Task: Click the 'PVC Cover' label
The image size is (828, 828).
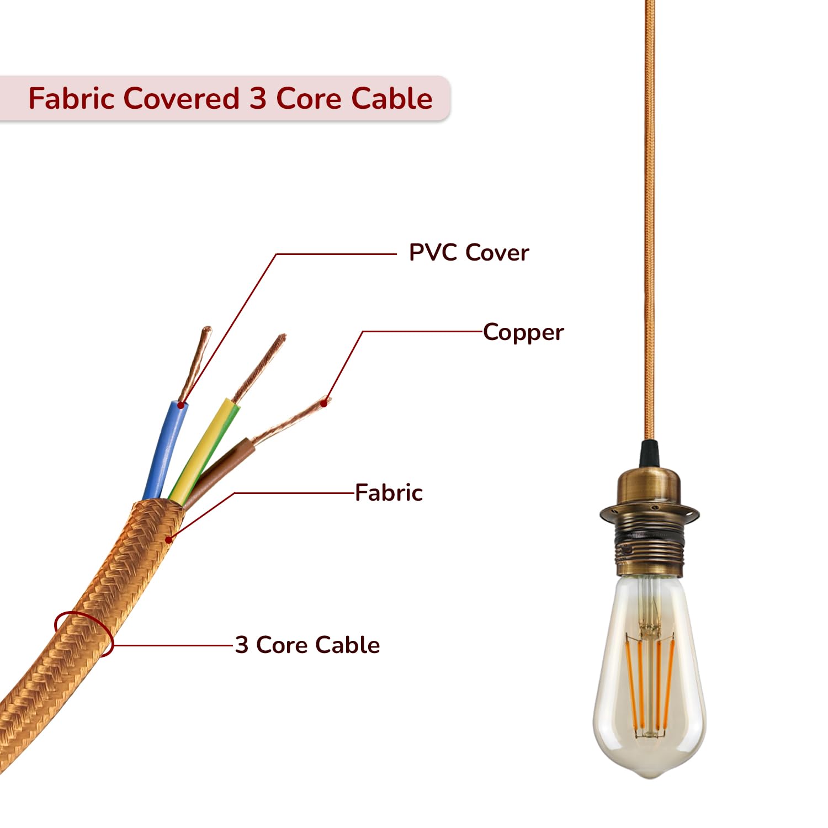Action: coord(469,253)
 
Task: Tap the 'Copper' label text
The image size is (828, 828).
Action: coord(523,332)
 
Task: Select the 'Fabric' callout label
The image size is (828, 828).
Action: coord(389,492)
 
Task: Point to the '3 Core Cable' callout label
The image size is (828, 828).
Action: coord(307,645)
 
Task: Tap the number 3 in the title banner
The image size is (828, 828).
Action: coord(258,99)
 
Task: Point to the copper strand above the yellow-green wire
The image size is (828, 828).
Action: coord(260,367)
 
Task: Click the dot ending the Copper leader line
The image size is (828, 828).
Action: coord(325,403)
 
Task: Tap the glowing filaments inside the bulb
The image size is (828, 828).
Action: coord(650,684)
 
